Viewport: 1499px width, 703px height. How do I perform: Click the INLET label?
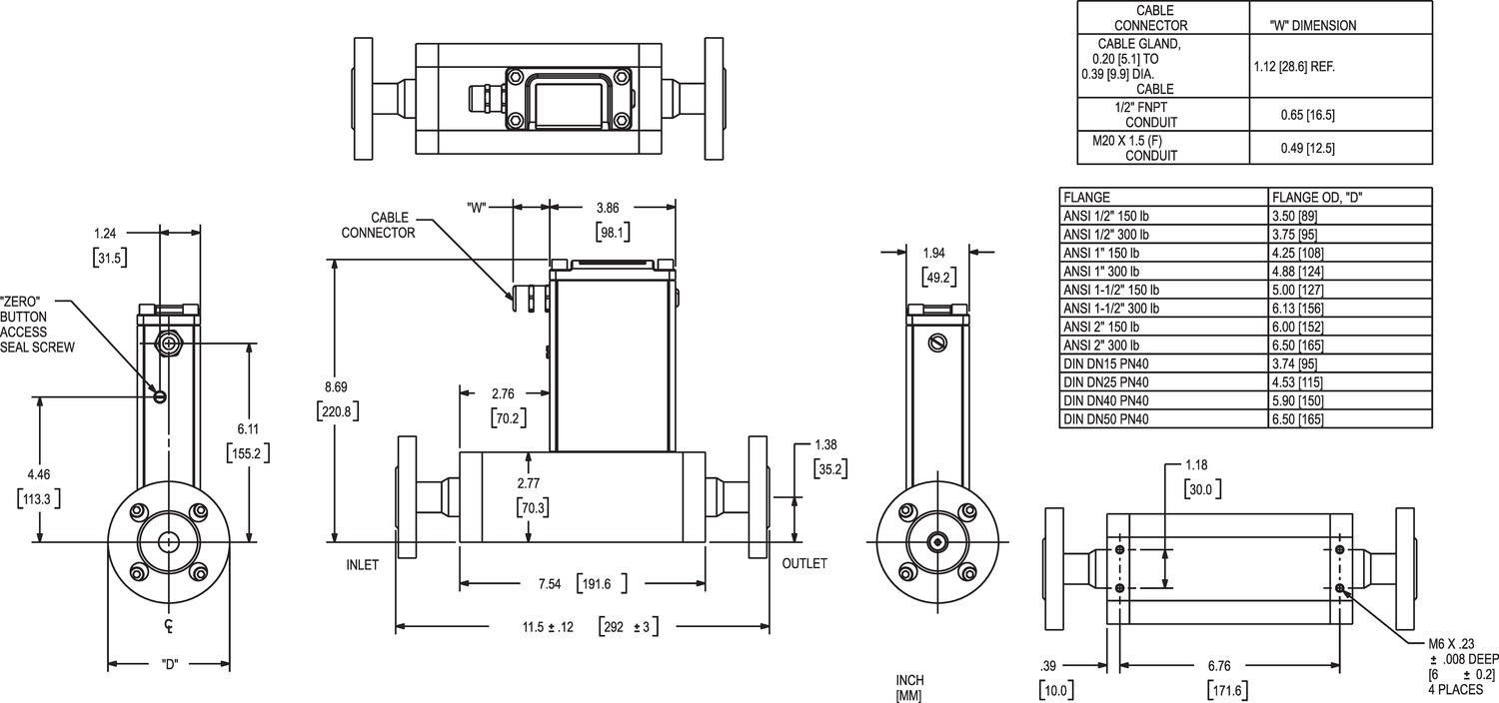point(362,564)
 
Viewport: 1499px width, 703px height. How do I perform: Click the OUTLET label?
point(804,563)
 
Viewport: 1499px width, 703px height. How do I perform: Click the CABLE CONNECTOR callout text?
point(378,225)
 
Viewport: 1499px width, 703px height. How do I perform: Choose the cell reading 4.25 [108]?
point(1299,253)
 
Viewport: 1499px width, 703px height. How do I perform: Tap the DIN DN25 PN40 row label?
point(1106,381)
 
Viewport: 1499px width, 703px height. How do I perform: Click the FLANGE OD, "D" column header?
point(1317,198)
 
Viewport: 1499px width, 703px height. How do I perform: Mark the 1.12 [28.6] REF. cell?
point(1294,67)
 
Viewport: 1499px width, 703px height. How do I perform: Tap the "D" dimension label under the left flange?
point(169,665)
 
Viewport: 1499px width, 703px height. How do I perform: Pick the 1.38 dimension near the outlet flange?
point(826,443)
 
